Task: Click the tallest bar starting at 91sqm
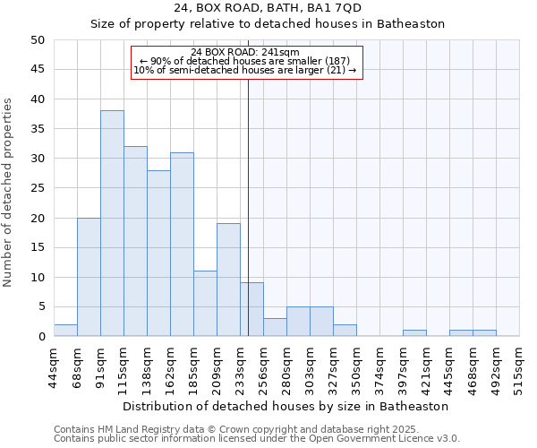click(112, 223)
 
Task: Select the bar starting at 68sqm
click(89, 277)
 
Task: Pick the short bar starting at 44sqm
click(65, 331)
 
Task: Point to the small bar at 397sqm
click(414, 333)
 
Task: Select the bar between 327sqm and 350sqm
click(345, 331)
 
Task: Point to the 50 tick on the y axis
click(38, 40)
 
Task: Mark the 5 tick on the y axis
click(41, 306)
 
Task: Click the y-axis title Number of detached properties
click(9, 188)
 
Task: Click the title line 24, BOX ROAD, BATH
click(268, 8)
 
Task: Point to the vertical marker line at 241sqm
click(248, 206)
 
